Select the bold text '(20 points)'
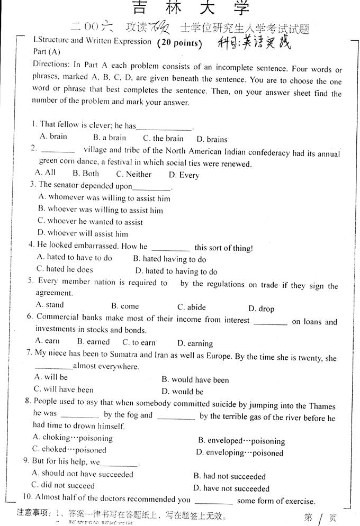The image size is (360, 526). coord(179,43)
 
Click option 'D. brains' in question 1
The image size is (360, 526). coord(212,140)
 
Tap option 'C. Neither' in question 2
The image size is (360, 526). coord(134,174)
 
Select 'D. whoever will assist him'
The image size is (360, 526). coord(83,233)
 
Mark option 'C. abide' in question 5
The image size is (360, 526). coord(192,307)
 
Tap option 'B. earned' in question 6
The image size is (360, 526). coord(93,342)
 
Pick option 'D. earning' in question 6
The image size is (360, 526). coord(195,343)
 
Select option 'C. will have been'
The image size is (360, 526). coord(64,389)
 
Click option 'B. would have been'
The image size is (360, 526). coord(195,380)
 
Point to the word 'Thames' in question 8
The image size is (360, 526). coord(322,406)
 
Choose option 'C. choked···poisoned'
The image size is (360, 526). coord(69,450)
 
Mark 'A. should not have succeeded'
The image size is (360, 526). coord(83,474)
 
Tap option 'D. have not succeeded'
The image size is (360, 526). coord(231,488)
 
